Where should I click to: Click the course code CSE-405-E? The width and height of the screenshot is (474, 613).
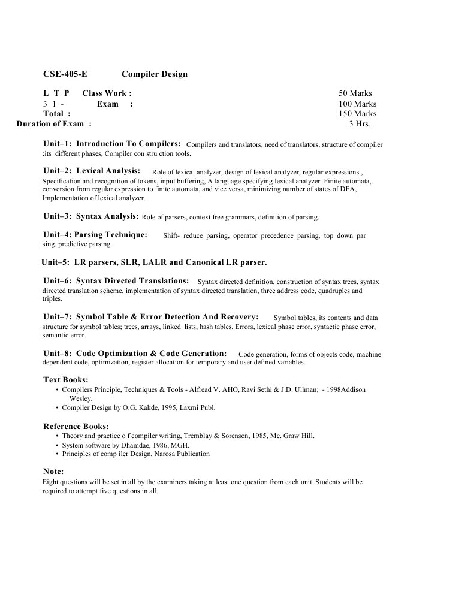pos(65,74)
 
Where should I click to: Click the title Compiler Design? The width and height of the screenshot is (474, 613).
pos(155,74)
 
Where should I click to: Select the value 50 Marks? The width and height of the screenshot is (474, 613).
pos(355,93)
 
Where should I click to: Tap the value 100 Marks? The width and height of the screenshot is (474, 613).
pos(357,104)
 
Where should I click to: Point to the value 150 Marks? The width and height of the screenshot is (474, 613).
pos(357,113)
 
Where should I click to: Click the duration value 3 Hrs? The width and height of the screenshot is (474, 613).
pos(360,124)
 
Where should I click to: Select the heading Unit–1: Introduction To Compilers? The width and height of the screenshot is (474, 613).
pos(112,144)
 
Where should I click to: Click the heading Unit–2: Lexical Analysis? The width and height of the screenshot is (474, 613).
pos(92,171)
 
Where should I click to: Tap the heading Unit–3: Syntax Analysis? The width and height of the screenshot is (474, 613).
pos(91,216)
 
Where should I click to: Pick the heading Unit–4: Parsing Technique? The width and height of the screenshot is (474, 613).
pos(95,235)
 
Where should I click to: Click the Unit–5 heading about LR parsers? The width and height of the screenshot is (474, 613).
pos(154,262)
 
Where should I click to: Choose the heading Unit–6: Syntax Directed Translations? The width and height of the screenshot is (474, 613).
pos(116,280)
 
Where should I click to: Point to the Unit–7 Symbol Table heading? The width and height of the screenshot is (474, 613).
pos(151,316)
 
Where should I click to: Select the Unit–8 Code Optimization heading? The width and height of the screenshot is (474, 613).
pos(135,354)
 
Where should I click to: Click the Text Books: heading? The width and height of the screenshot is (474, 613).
pos(66,380)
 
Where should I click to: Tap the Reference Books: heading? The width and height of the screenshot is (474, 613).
pos(76,427)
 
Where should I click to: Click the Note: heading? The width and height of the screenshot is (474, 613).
pos(53,472)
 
